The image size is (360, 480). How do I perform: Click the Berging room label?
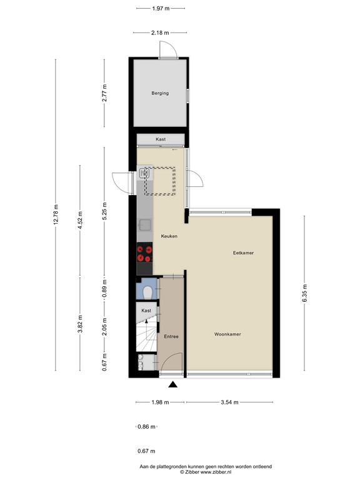(x=160, y=94)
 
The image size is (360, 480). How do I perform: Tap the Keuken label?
(x=169, y=236)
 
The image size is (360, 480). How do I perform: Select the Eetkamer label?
(x=243, y=252)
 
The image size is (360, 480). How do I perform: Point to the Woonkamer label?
(x=227, y=334)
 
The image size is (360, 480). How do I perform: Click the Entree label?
(x=171, y=337)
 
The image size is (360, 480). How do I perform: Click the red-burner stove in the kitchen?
(x=145, y=253)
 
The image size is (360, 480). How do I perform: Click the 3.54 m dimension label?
(x=229, y=402)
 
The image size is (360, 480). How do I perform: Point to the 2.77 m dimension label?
(x=105, y=92)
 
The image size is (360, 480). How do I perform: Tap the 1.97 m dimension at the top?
(x=161, y=9)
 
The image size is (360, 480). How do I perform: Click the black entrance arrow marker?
(x=172, y=385)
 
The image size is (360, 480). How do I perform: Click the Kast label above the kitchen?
(x=161, y=140)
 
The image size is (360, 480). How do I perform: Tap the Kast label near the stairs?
(x=146, y=311)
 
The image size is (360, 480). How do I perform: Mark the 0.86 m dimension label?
(x=146, y=427)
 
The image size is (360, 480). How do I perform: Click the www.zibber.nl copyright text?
(x=179, y=472)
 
